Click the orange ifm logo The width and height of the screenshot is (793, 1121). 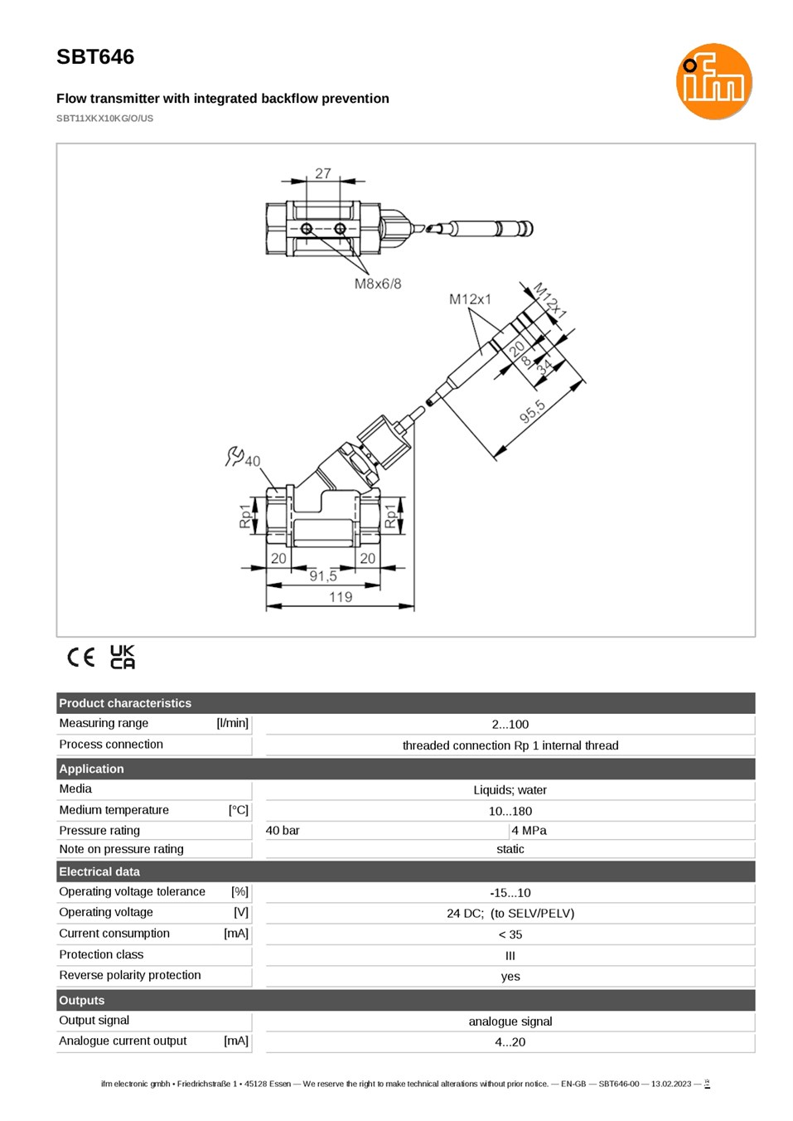[713, 81]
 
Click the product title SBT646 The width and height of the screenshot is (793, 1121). [95, 57]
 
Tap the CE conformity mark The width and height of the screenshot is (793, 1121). [80, 657]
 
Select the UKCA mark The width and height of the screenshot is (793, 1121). [123, 657]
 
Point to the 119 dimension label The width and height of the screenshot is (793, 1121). [341, 596]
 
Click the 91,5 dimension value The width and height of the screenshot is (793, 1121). [323, 576]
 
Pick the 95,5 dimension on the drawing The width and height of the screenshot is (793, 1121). [532, 411]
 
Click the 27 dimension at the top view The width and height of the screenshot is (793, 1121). [323, 173]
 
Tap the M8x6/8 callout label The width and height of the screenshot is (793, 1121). [378, 284]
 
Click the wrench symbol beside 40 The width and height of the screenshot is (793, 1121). [234, 456]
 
